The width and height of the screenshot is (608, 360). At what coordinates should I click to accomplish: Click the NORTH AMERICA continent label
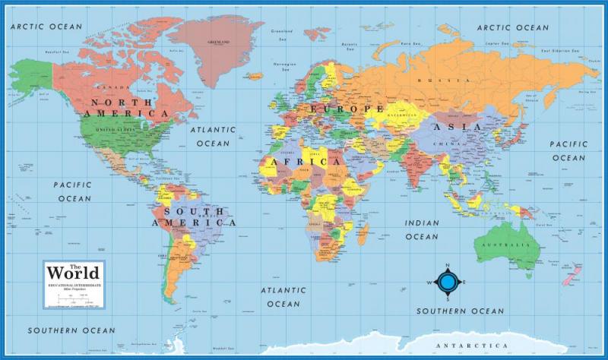(128, 107)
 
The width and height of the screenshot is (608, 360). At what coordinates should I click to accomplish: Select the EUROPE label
(346, 109)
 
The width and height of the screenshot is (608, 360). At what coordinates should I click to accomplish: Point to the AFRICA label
(302, 163)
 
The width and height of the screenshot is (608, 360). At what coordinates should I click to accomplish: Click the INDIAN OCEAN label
(421, 229)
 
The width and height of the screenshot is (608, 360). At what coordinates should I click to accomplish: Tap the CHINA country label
(445, 144)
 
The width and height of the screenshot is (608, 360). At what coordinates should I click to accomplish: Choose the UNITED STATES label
(116, 130)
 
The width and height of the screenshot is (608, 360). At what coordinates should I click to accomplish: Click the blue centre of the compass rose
(448, 283)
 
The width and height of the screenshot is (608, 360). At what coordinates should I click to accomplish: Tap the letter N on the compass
(448, 267)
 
